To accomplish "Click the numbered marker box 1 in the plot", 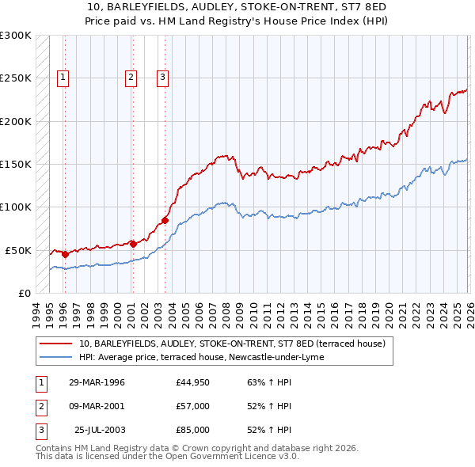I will pos(63,78).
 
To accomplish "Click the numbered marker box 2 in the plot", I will pos(131,78).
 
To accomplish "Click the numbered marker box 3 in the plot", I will pos(162,78).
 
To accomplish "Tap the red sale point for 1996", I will pos(65,255).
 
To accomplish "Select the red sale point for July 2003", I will pos(165,220).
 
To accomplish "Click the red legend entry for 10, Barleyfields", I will pos(232,344).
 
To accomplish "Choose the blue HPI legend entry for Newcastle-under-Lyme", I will pos(201,358).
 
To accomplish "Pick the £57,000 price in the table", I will pos(193,406).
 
